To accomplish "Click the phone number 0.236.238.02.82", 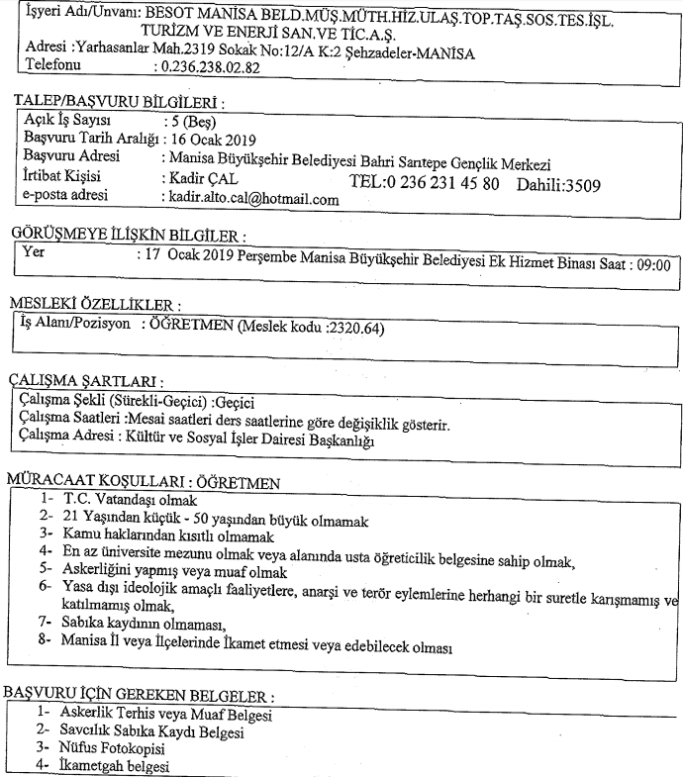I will pos(209,68).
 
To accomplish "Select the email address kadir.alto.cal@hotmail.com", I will pos(249,199).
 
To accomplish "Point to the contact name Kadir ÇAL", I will pos(196,178).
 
